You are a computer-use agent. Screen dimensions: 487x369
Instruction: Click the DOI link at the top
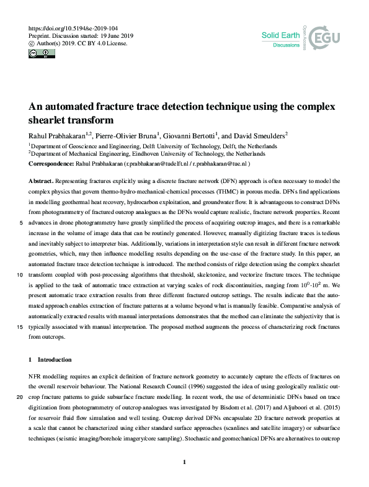point(63,29)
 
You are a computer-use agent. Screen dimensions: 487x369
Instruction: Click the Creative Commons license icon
point(40,54)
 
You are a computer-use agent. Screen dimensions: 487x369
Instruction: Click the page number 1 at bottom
point(184,462)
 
